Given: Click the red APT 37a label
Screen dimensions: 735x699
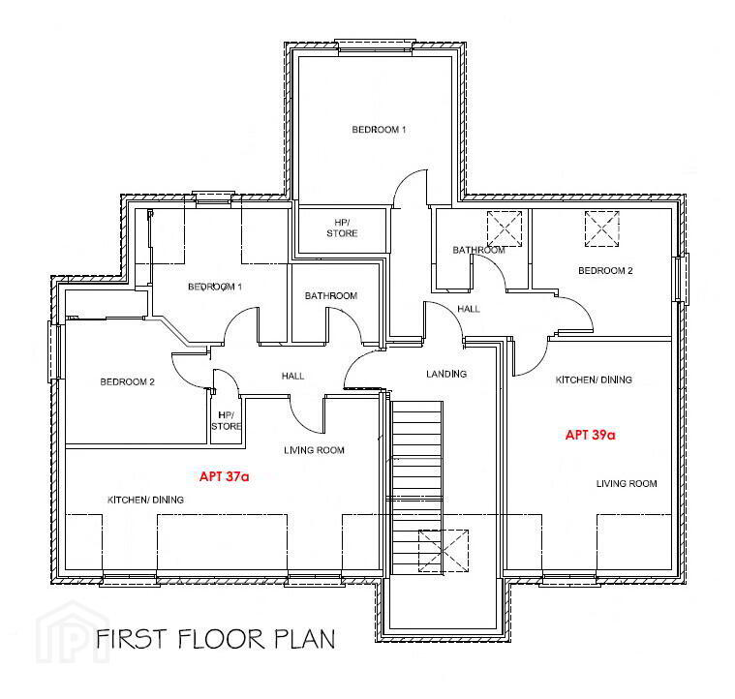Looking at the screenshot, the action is (x=224, y=476).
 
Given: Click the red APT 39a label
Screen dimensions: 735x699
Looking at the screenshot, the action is (x=590, y=435).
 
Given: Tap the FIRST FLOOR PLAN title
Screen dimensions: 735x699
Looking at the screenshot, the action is (x=216, y=639).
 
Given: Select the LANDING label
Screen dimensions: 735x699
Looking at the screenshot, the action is (x=446, y=374).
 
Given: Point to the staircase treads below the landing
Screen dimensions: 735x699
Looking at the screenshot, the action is (x=416, y=487).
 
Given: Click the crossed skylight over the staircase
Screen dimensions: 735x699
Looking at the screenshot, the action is (x=444, y=551).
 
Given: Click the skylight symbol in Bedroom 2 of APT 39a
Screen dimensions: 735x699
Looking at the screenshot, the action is (x=602, y=228).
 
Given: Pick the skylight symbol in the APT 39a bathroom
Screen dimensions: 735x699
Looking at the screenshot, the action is (x=505, y=228).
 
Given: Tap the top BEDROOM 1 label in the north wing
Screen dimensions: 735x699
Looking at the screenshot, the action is (x=379, y=130).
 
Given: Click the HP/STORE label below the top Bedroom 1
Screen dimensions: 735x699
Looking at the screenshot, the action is (x=342, y=228).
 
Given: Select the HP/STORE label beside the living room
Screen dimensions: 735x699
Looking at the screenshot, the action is (x=227, y=421).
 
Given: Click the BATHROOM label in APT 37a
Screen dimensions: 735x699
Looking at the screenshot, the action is (x=331, y=295).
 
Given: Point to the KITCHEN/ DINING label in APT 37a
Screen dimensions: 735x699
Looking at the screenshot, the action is (x=145, y=500).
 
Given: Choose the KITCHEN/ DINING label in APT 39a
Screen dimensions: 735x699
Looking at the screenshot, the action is (x=594, y=380).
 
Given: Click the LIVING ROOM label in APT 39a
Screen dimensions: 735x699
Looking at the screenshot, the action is (x=627, y=483).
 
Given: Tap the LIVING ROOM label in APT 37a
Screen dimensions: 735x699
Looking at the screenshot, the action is (x=314, y=450).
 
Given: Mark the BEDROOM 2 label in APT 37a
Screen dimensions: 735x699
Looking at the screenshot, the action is (x=127, y=381).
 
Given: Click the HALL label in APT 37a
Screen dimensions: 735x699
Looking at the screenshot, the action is (x=293, y=376).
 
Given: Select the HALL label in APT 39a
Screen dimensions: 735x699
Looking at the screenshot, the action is (x=469, y=309).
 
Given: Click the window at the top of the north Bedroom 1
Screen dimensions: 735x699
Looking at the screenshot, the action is (x=375, y=46).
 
